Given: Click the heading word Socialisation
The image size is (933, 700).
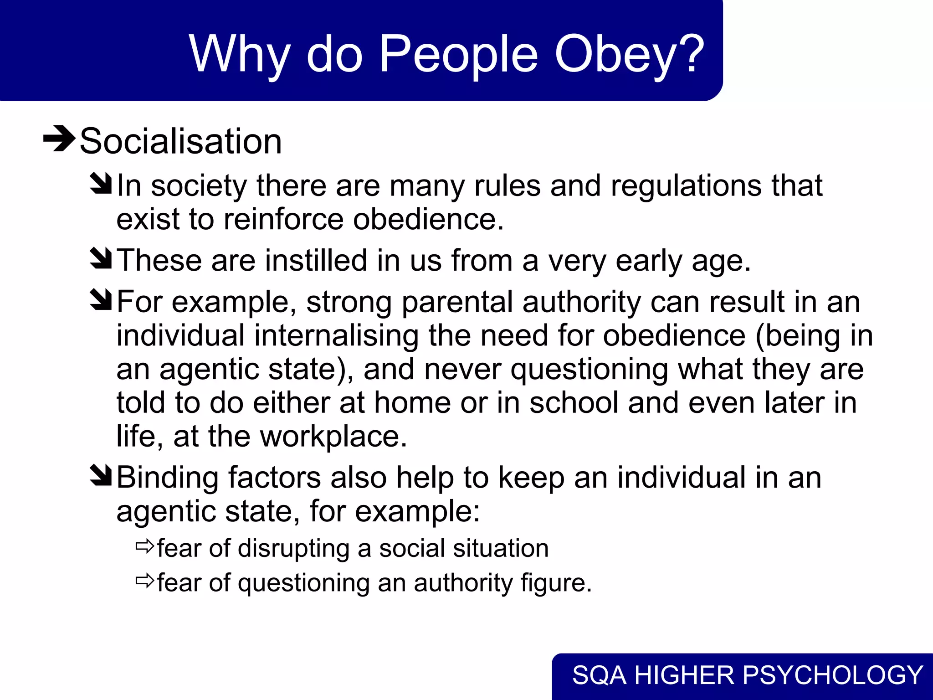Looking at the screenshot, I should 181,141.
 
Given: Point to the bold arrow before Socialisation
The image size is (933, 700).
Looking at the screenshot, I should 59,138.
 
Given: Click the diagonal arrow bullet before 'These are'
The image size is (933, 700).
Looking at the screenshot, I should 101,258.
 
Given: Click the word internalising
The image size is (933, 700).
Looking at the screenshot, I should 336,336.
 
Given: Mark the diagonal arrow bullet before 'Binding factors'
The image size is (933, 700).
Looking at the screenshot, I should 101,475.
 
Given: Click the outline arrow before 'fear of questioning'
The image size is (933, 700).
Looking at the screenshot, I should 145,581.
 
